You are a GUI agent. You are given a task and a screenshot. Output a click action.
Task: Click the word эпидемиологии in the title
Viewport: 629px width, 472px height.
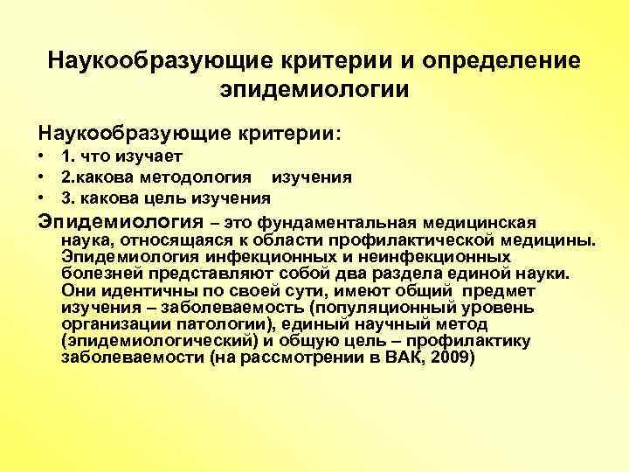pos(314,89)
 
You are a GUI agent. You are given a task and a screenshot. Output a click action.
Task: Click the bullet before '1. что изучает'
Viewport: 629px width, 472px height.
pos(41,157)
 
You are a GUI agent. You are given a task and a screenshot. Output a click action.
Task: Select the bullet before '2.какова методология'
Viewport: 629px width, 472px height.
pos(41,177)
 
